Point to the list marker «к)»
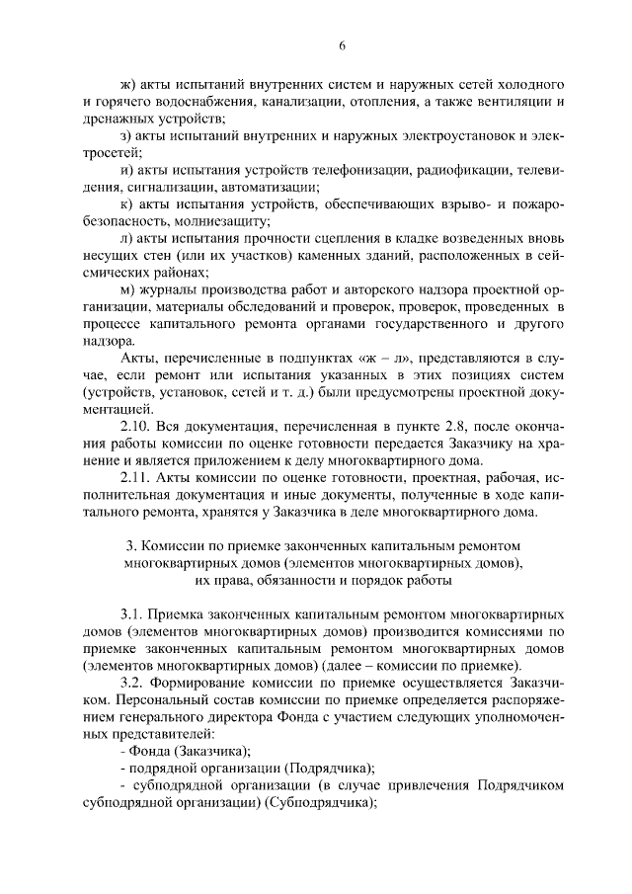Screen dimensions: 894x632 [x=125, y=203]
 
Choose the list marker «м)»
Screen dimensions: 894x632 [x=126, y=287]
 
